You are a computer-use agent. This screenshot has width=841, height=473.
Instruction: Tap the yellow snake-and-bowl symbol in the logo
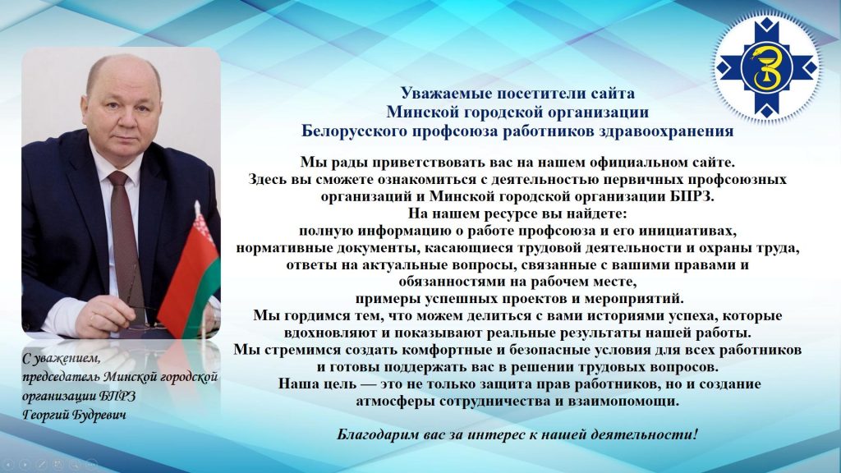[x=767, y=68]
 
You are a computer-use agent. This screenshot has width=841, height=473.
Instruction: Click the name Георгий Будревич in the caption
[x=75, y=415]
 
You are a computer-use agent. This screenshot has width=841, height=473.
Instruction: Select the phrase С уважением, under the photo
[x=61, y=358]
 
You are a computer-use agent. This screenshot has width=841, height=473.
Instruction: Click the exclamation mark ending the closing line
[x=696, y=434]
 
